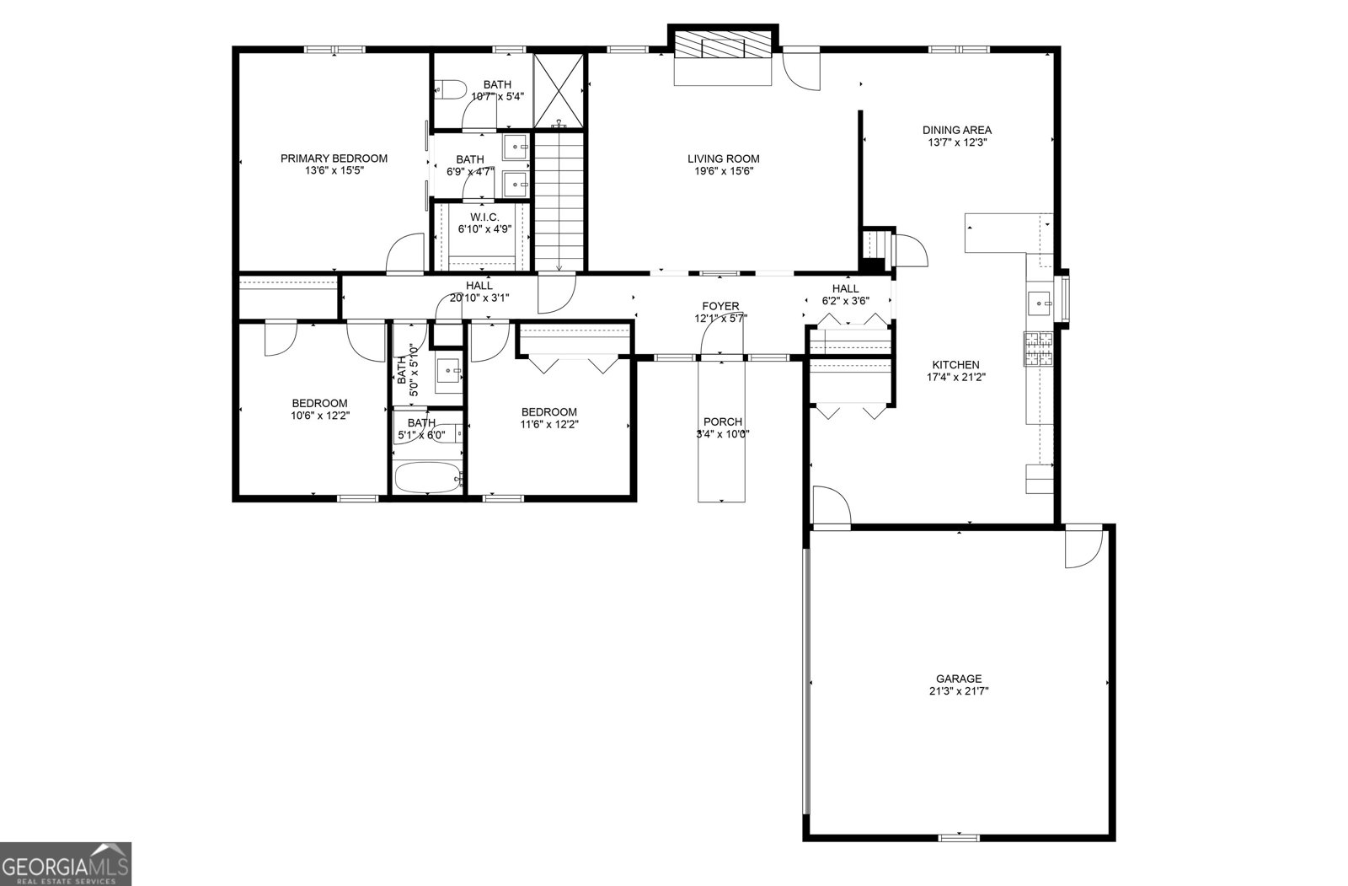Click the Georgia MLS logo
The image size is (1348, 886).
tap(66, 863)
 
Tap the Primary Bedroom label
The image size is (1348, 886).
tap(334, 158)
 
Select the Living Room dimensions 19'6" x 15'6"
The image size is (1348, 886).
tap(723, 171)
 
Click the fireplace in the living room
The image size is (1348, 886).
tap(723, 46)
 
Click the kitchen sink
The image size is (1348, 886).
tap(1042, 302)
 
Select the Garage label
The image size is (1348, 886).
tap(959, 679)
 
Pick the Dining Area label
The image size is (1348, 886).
tap(956, 130)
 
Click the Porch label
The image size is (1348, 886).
tap(723, 422)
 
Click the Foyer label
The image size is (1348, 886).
tap(720, 306)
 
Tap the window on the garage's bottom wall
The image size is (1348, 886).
tap(959, 837)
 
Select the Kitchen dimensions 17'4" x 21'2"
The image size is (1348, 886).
tap(955, 378)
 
